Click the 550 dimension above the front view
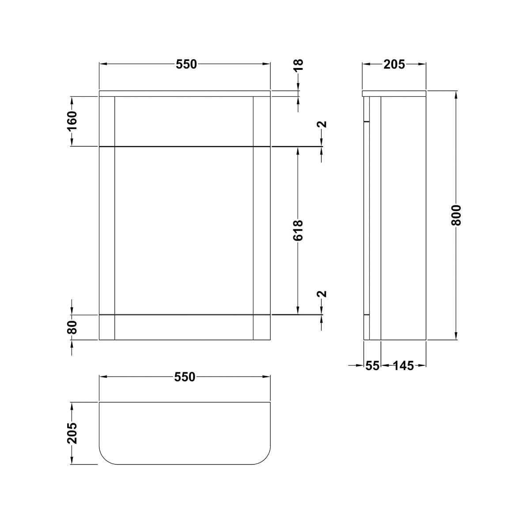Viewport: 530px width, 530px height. point(185,64)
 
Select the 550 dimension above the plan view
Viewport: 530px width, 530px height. point(185,377)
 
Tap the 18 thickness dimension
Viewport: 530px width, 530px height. point(299,65)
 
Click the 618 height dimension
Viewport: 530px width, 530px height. point(299,230)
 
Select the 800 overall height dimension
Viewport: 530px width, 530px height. point(456,215)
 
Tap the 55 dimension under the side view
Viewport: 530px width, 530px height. point(372,366)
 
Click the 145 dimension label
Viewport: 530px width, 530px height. point(403,366)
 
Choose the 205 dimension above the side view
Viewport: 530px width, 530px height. point(394,64)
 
